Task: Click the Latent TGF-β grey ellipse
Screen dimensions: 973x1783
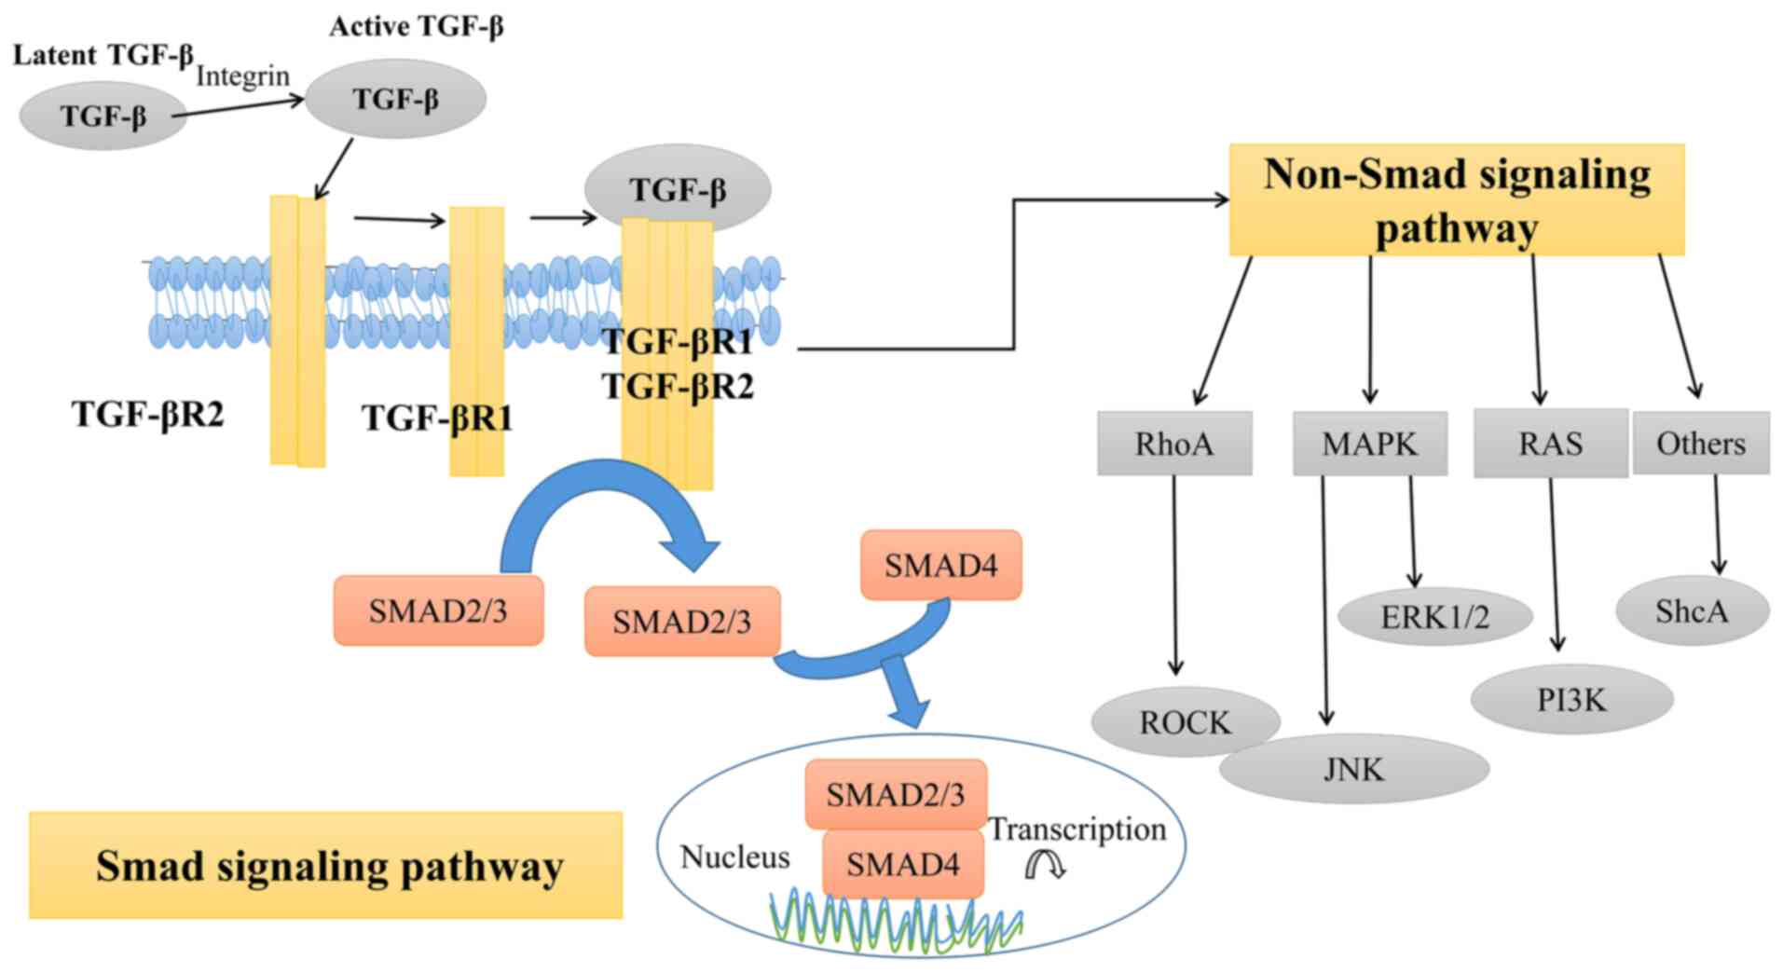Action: [103, 116]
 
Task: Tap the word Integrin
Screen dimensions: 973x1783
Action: [242, 75]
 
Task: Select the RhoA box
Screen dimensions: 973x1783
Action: [1173, 444]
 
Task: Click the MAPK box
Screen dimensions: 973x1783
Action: [1369, 444]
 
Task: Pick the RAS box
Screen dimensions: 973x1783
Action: [1550, 444]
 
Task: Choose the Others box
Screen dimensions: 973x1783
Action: [1700, 444]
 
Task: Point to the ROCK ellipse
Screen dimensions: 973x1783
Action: [1185, 722]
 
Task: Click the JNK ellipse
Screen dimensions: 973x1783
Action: [1353, 769]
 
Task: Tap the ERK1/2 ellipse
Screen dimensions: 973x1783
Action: [1434, 617]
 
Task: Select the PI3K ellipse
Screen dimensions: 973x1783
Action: [1571, 699]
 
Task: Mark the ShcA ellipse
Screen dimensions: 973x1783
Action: [1691, 611]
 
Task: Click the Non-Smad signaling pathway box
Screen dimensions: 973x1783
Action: [1456, 199]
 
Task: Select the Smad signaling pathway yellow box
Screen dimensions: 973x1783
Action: [325, 866]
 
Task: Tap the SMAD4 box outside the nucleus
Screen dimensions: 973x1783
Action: [940, 565]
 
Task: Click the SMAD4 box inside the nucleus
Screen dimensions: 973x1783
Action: [902, 865]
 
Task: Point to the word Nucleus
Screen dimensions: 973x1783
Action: [734, 857]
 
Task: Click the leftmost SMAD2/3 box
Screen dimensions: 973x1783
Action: [438, 610]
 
